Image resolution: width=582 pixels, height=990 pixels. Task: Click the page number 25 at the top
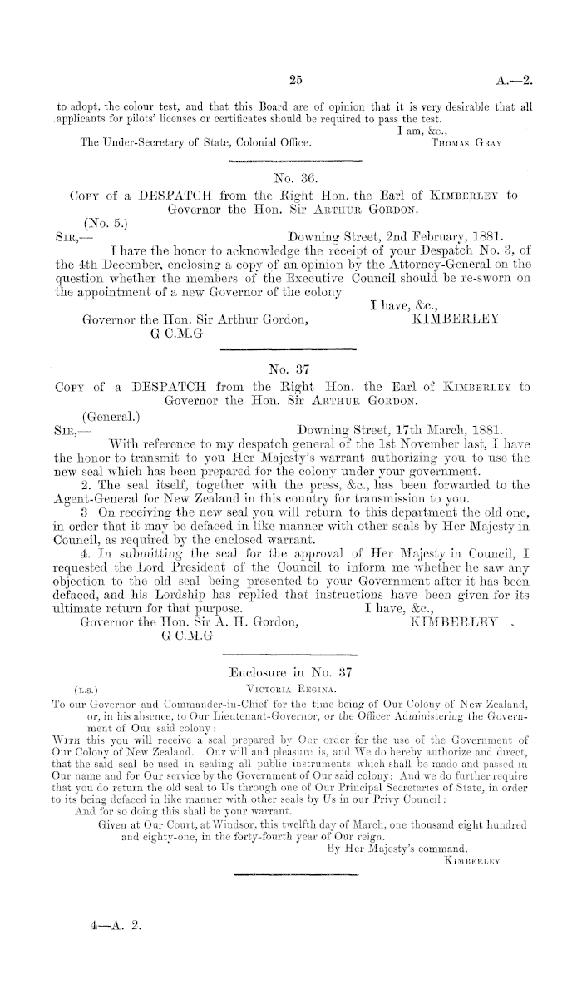point(290,81)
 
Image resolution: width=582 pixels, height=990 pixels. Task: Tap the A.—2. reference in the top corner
point(510,81)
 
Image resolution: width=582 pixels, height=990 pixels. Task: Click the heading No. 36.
point(290,177)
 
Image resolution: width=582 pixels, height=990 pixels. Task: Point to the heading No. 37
point(290,369)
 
